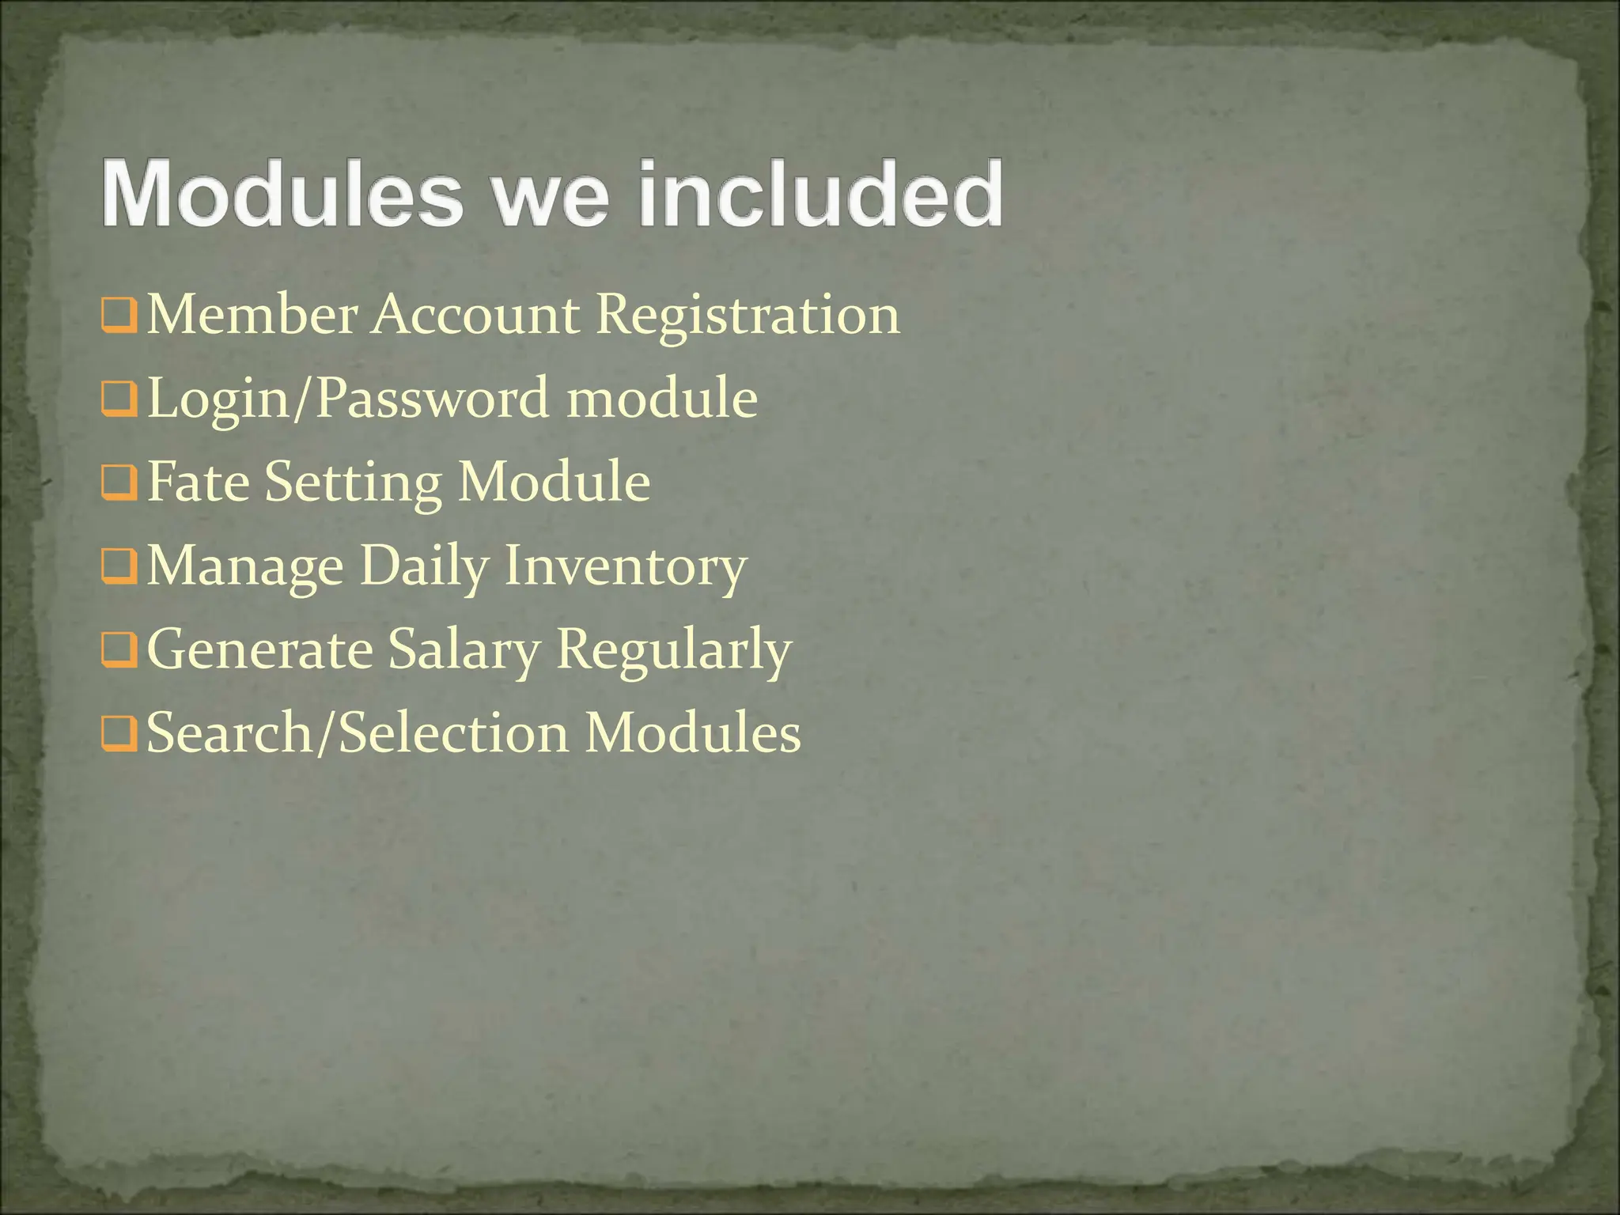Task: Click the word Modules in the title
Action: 282,194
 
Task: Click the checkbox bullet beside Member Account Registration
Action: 119,316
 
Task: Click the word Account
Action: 475,315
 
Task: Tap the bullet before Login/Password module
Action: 119,400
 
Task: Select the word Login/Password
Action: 347,399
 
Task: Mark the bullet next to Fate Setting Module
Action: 119,484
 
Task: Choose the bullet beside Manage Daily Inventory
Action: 119,568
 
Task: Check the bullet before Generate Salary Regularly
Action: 119,652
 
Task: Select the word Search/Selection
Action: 358,732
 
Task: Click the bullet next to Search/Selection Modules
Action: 119,736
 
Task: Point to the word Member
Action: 252,315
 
